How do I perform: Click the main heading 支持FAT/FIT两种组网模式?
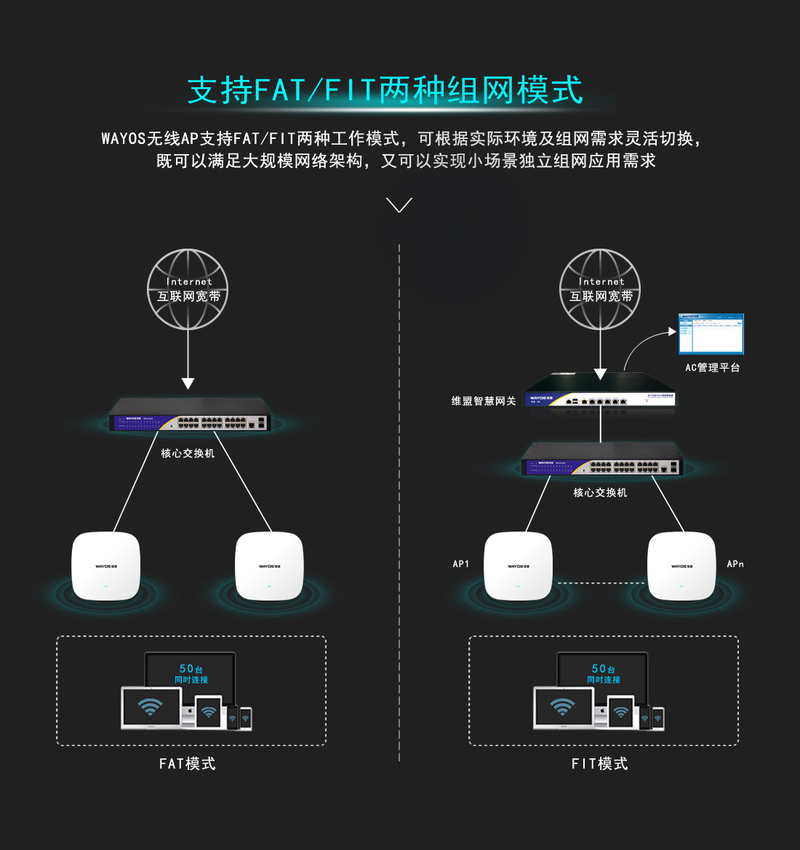point(385,90)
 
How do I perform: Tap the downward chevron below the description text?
point(399,205)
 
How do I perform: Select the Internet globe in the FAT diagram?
point(188,289)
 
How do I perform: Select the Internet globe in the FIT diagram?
point(600,289)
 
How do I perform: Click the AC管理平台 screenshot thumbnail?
point(711,334)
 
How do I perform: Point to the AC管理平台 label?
point(712,368)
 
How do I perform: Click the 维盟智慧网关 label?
point(484,401)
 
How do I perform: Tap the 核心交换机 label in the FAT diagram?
point(188,453)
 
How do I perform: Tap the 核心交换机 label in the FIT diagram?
point(600,492)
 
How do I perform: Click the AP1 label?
point(461,564)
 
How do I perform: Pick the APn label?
point(735,564)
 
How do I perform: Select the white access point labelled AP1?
point(519,566)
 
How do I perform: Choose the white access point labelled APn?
point(681,566)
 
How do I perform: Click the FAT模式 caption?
point(188,763)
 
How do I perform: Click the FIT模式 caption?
point(600,763)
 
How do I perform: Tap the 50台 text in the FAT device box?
point(191,669)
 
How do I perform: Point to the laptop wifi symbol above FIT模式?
point(562,706)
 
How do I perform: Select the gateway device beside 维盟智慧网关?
point(600,393)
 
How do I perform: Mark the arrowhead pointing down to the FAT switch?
point(188,383)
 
